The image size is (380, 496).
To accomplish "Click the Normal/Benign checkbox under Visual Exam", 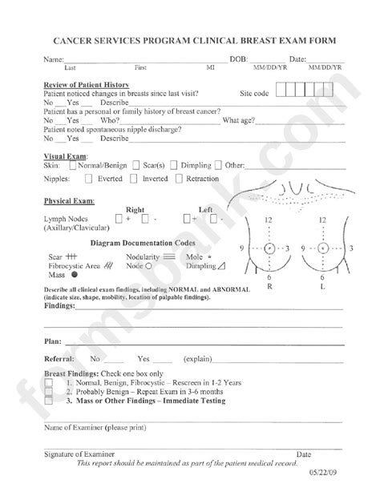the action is point(74,165).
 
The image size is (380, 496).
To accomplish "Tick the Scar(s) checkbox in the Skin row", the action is point(136,165).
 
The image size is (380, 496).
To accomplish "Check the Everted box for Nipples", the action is point(89,179).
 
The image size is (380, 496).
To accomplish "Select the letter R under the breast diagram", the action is point(269,285).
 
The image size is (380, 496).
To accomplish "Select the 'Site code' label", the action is point(256,94).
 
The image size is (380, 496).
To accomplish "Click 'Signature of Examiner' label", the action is point(79,454).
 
